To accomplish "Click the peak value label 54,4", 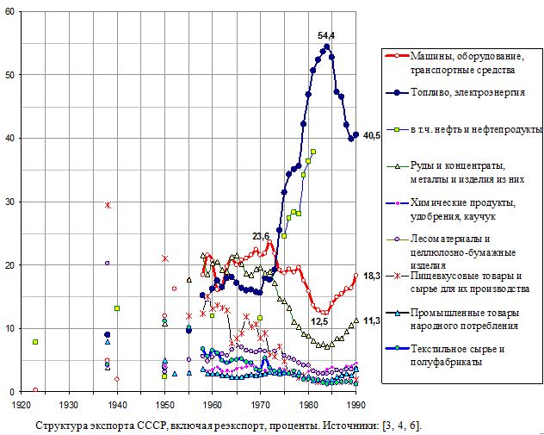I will click(326, 35).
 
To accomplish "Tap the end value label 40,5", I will click(372, 135).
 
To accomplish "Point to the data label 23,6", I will click(261, 236).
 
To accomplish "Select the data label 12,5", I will click(319, 321).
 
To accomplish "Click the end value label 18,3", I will click(372, 276).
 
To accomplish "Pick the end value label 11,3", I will click(372, 320).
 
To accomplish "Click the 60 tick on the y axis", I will click(10, 11).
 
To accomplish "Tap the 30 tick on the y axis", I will click(10, 202).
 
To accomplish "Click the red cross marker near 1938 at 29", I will click(108, 205).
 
